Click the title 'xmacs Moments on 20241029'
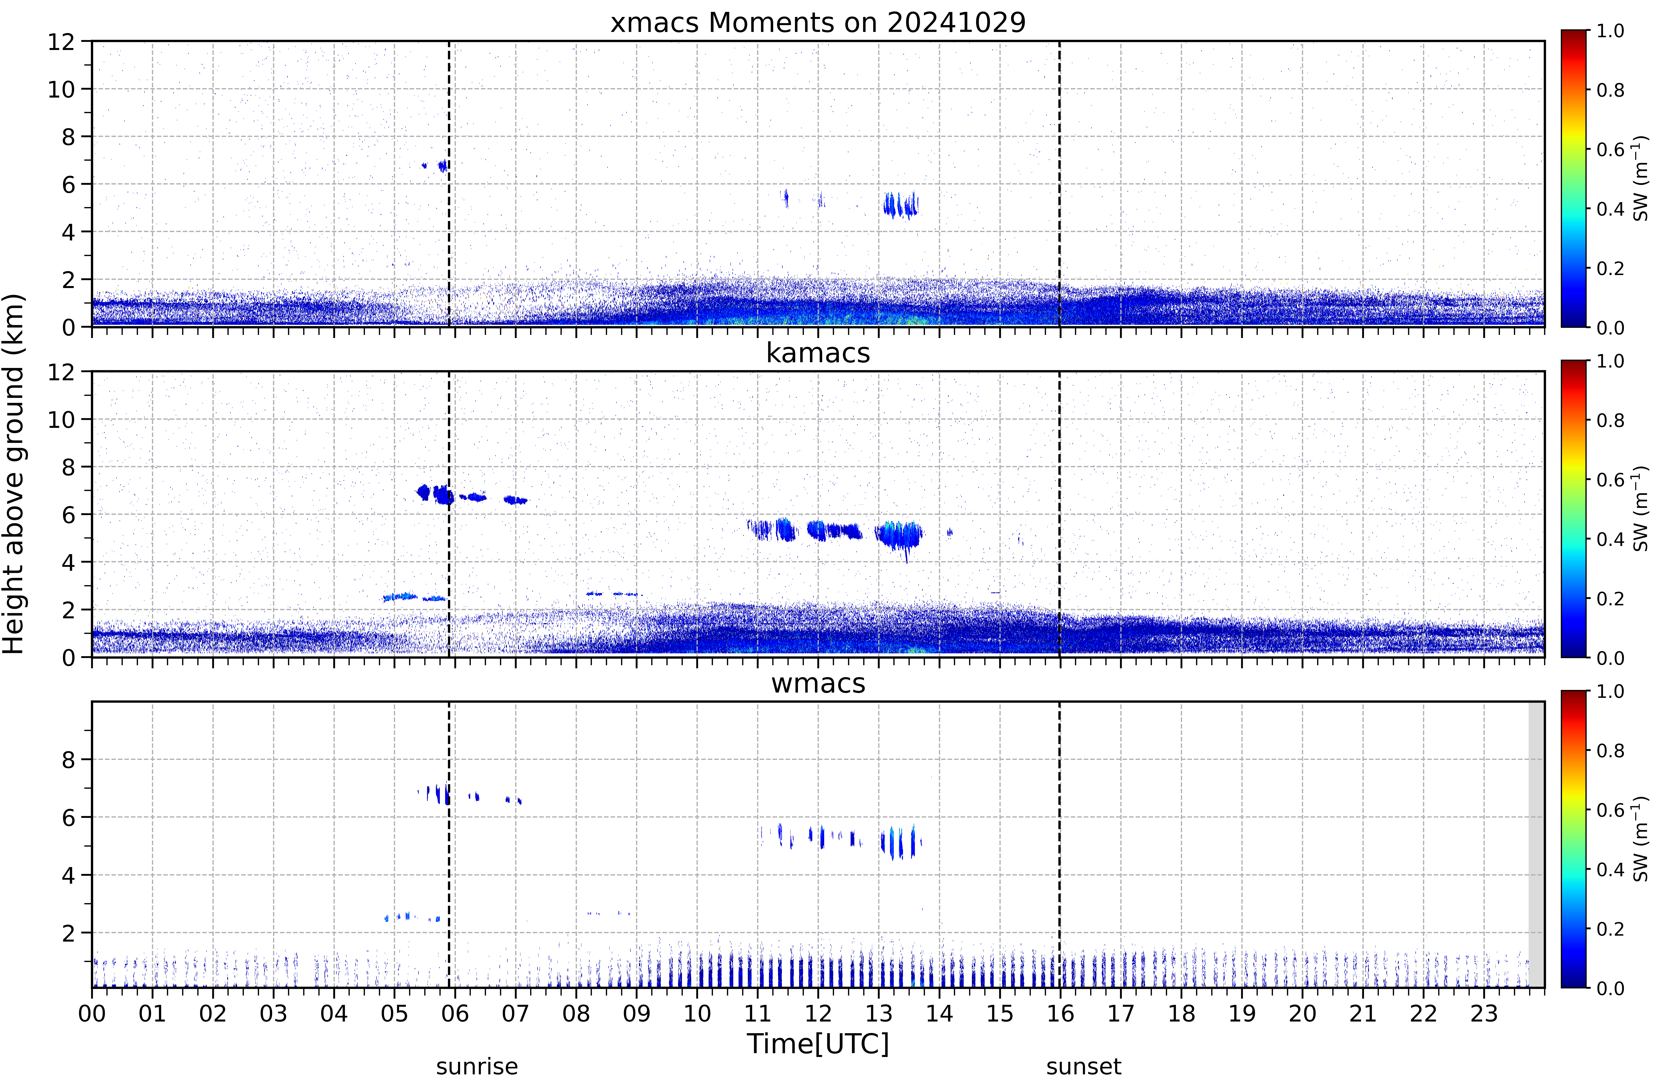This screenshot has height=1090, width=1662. coord(818,22)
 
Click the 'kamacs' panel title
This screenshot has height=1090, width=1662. coord(818,353)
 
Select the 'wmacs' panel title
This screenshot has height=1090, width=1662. coord(818,683)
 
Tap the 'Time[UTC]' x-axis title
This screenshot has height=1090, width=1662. coord(818,1044)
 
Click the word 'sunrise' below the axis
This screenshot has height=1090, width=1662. coord(477,1067)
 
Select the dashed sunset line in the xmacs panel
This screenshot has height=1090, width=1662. coord(1059,184)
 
